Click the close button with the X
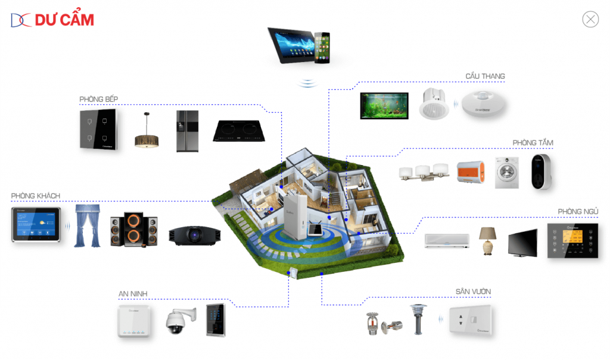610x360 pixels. [x=590, y=20]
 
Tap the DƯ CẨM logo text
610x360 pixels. [x=64, y=20]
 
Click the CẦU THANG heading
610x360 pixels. [x=485, y=76]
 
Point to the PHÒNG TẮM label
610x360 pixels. [x=533, y=142]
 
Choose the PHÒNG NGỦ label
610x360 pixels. [x=578, y=212]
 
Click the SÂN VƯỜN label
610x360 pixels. [x=473, y=291]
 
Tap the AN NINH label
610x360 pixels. [x=132, y=293]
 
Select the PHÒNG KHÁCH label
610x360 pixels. [x=35, y=195]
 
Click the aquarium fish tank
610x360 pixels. [x=384, y=106]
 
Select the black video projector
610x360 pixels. [x=194, y=235]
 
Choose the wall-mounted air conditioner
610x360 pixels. [x=447, y=240]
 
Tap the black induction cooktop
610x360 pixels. [x=236, y=132]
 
